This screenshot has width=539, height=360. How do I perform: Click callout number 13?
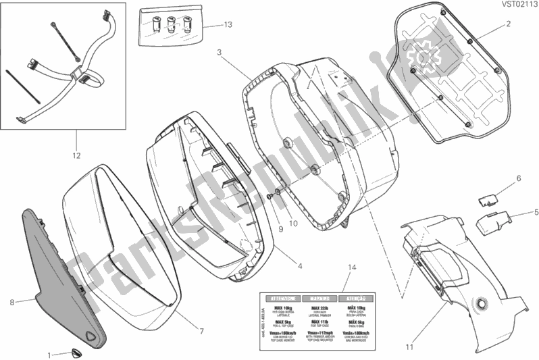228,25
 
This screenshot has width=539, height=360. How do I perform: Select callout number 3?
220,51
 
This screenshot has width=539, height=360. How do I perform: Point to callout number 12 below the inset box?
76,155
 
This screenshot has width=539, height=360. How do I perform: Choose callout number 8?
11,303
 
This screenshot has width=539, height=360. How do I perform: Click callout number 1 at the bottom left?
49,354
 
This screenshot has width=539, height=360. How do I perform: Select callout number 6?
519,178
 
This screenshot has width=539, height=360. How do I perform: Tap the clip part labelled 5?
492,222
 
